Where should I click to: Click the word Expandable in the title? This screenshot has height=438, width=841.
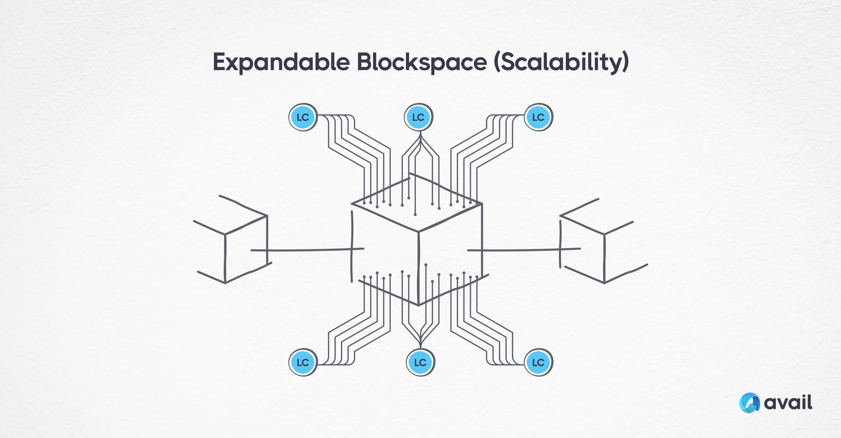pos(280,62)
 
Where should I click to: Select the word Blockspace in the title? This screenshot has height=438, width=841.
pos(421,62)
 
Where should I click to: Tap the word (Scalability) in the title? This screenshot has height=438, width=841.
pos(561,62)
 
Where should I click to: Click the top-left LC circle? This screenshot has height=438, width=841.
pos(303,117)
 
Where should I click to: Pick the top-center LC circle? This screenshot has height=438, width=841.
pos(418,117)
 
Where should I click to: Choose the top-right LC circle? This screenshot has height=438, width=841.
pos(538,117)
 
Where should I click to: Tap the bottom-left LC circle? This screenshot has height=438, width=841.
pos(303,362)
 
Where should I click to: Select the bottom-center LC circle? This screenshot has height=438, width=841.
pos(420,362)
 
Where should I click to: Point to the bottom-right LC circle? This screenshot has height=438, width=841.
pos(538,362)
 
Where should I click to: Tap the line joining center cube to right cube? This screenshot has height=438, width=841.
pos(521,250)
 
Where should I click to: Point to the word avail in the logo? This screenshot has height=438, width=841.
pos(788,403)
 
